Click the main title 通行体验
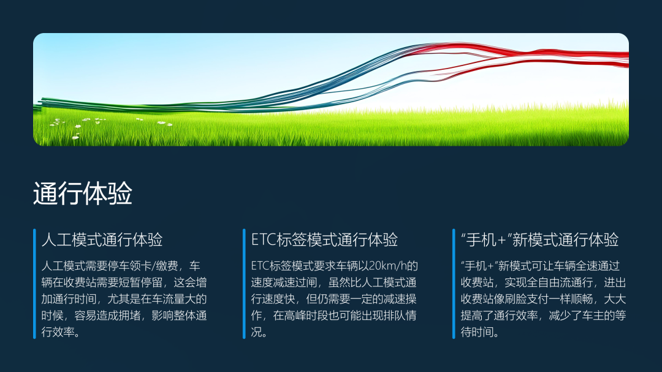83,194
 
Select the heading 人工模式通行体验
102,240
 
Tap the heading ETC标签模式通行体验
324,240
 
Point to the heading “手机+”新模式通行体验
539,240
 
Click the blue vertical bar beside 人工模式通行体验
34,283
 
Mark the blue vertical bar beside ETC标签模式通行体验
244,283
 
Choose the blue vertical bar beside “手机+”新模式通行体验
454,283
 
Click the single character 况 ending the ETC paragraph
256,332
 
